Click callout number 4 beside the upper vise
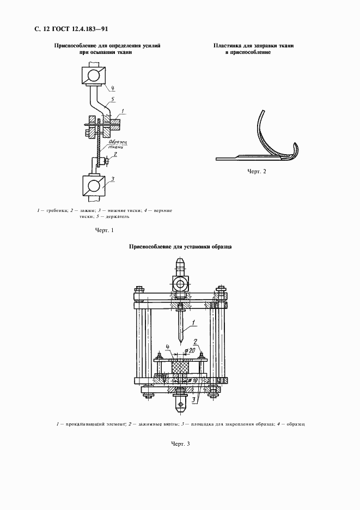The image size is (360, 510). tap(111, 88)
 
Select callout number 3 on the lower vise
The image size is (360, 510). tap(112, 178)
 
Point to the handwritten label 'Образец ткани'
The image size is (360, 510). tap(116, 144)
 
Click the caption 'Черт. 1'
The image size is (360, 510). tap(105, 230)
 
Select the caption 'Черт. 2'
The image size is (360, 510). tap(257, 172)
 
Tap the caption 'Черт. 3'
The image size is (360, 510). tap(180, 444)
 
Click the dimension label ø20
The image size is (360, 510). tap(191, 350)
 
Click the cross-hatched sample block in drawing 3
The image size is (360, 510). tap(180, 370)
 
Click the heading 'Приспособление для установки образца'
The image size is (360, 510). tap(180, 247)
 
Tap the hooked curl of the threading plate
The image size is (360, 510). tap(296, 149)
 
